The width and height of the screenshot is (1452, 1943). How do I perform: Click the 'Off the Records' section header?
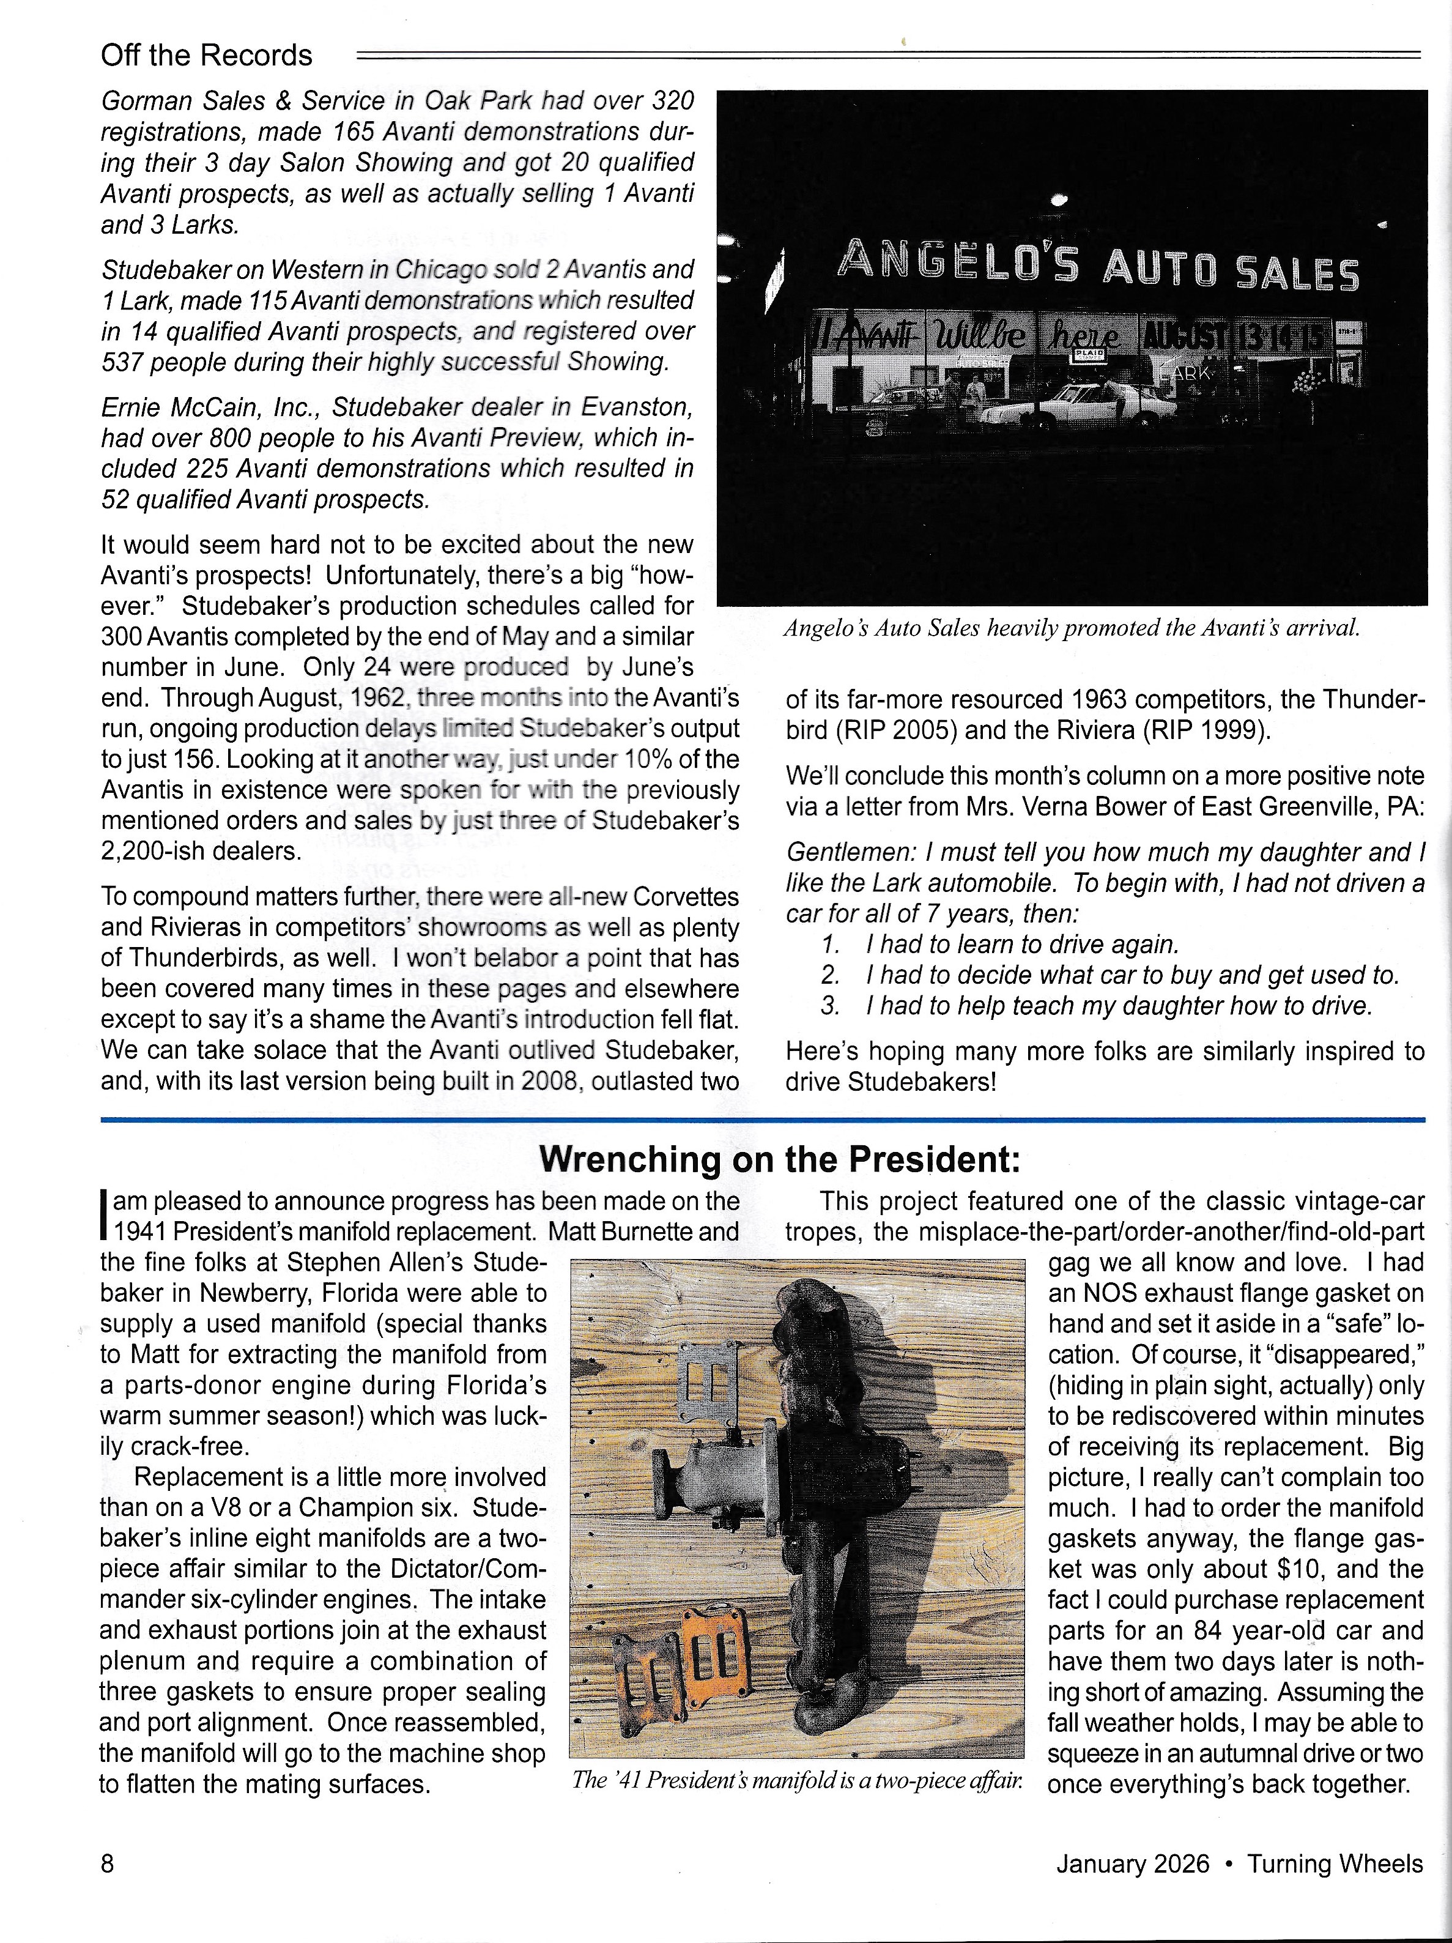(x=207, y=55)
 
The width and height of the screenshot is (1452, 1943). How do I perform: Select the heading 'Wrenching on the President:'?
(x=779, y=1159)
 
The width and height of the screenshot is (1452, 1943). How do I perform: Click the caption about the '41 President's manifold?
(x=797, y=1780)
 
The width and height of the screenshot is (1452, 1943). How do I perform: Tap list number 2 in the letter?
(x=830, y=975)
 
